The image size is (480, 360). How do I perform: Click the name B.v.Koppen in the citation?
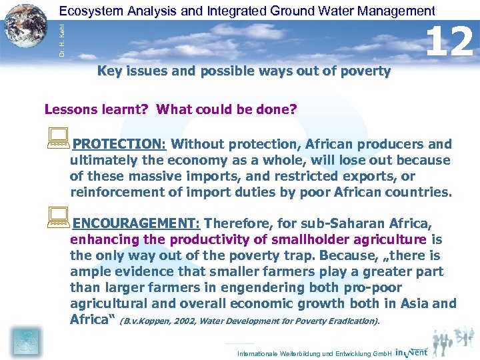point(146,321)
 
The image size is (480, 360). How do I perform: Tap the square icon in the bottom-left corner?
point(25,341)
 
